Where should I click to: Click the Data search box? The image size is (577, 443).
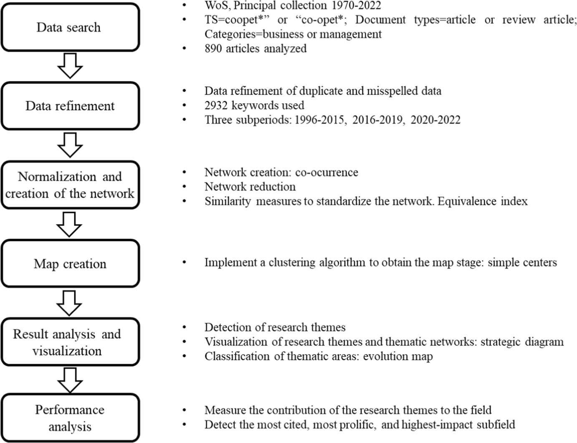coord(70,27)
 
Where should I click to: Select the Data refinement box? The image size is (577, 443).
coord(70,106)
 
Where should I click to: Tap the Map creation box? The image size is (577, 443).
coord(70,263)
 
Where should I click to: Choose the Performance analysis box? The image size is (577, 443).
coord(70,418)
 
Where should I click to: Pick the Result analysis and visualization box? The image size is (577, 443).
coord(70,342)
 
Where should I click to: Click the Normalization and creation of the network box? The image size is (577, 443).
coord(70,185)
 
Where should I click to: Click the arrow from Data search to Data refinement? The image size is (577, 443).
coord(70,66)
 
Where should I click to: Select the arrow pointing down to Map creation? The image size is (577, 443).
coord(70,224)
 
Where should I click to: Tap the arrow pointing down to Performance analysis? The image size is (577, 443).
coord(70,380)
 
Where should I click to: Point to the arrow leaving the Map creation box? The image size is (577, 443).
coord(70,303)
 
